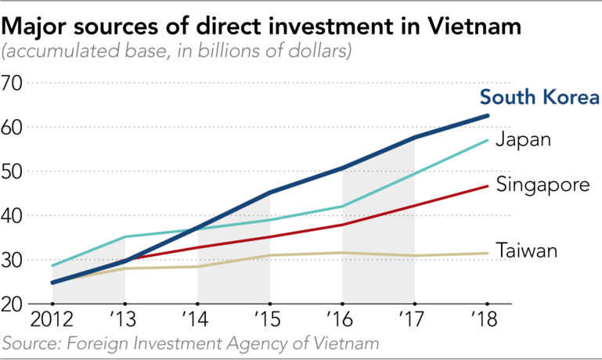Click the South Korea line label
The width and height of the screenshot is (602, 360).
click(x=539, y=98)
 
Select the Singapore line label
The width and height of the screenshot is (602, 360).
click(x=543, y=186)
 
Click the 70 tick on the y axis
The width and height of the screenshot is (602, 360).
click(x=14, y=83)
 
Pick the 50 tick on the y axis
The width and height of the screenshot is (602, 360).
click(x=14, y=171)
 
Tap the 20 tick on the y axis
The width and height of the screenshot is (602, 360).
click(x=14, y=304)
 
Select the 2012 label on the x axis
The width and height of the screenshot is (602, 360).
click(x=52, y=321)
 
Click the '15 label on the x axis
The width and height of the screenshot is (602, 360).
click(x=270, y=321)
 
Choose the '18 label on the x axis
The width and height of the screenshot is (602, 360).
click(x=488, y=321)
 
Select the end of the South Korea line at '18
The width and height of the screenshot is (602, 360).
click(x=488, y=116)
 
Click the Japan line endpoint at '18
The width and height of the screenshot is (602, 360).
click(x=488, y=141)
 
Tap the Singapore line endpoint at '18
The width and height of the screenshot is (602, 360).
click(x=488, y=186)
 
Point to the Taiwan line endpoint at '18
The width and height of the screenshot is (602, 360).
click(x=488, y=253)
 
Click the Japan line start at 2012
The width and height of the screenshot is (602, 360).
click(x=52, y=266)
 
